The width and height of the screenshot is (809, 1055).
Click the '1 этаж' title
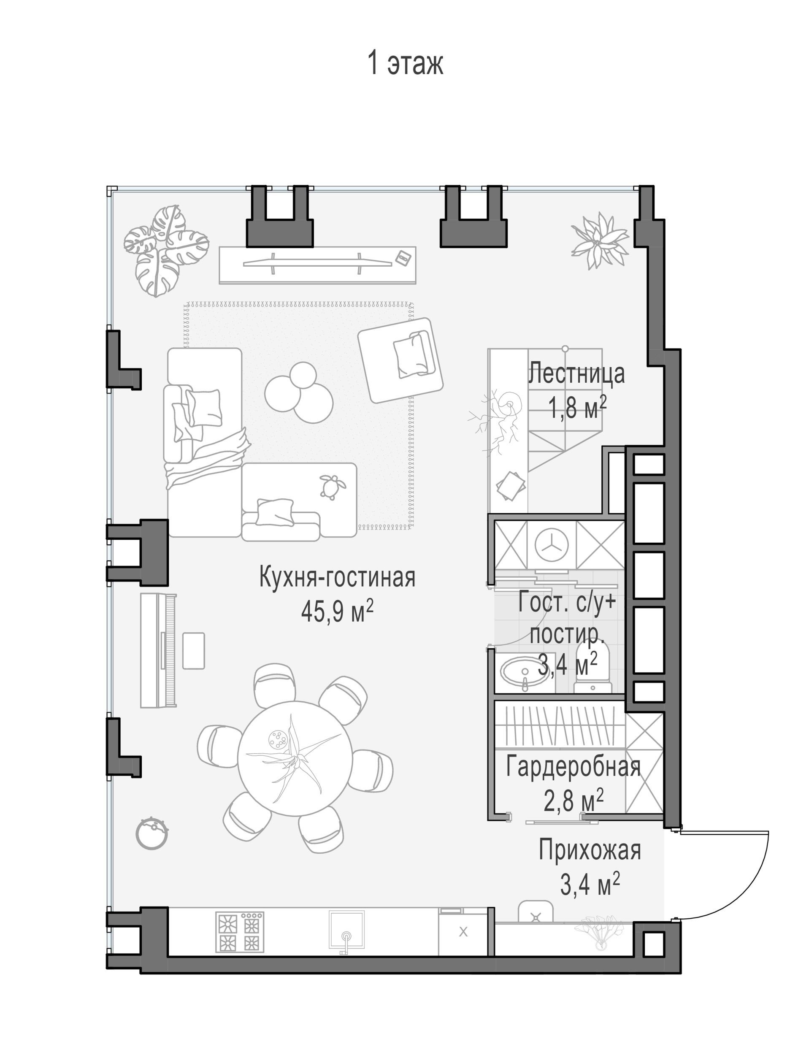[405, 63]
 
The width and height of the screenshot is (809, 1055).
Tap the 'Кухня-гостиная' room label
[337, 577]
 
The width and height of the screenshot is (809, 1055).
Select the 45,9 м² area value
[337, 611]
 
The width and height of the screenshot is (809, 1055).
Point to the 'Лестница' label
[577, 373]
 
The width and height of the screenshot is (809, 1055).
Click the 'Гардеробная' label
[573, 767]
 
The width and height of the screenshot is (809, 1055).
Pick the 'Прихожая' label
[590, 850]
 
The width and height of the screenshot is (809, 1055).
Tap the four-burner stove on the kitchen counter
[239, 932]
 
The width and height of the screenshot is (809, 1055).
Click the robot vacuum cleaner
[152, 833]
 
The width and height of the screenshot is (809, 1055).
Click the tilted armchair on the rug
[400, 360]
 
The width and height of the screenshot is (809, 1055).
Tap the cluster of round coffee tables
[299, 392]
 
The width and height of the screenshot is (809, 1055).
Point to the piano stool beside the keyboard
[194, 651]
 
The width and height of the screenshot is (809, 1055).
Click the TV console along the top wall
[317, 265]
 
